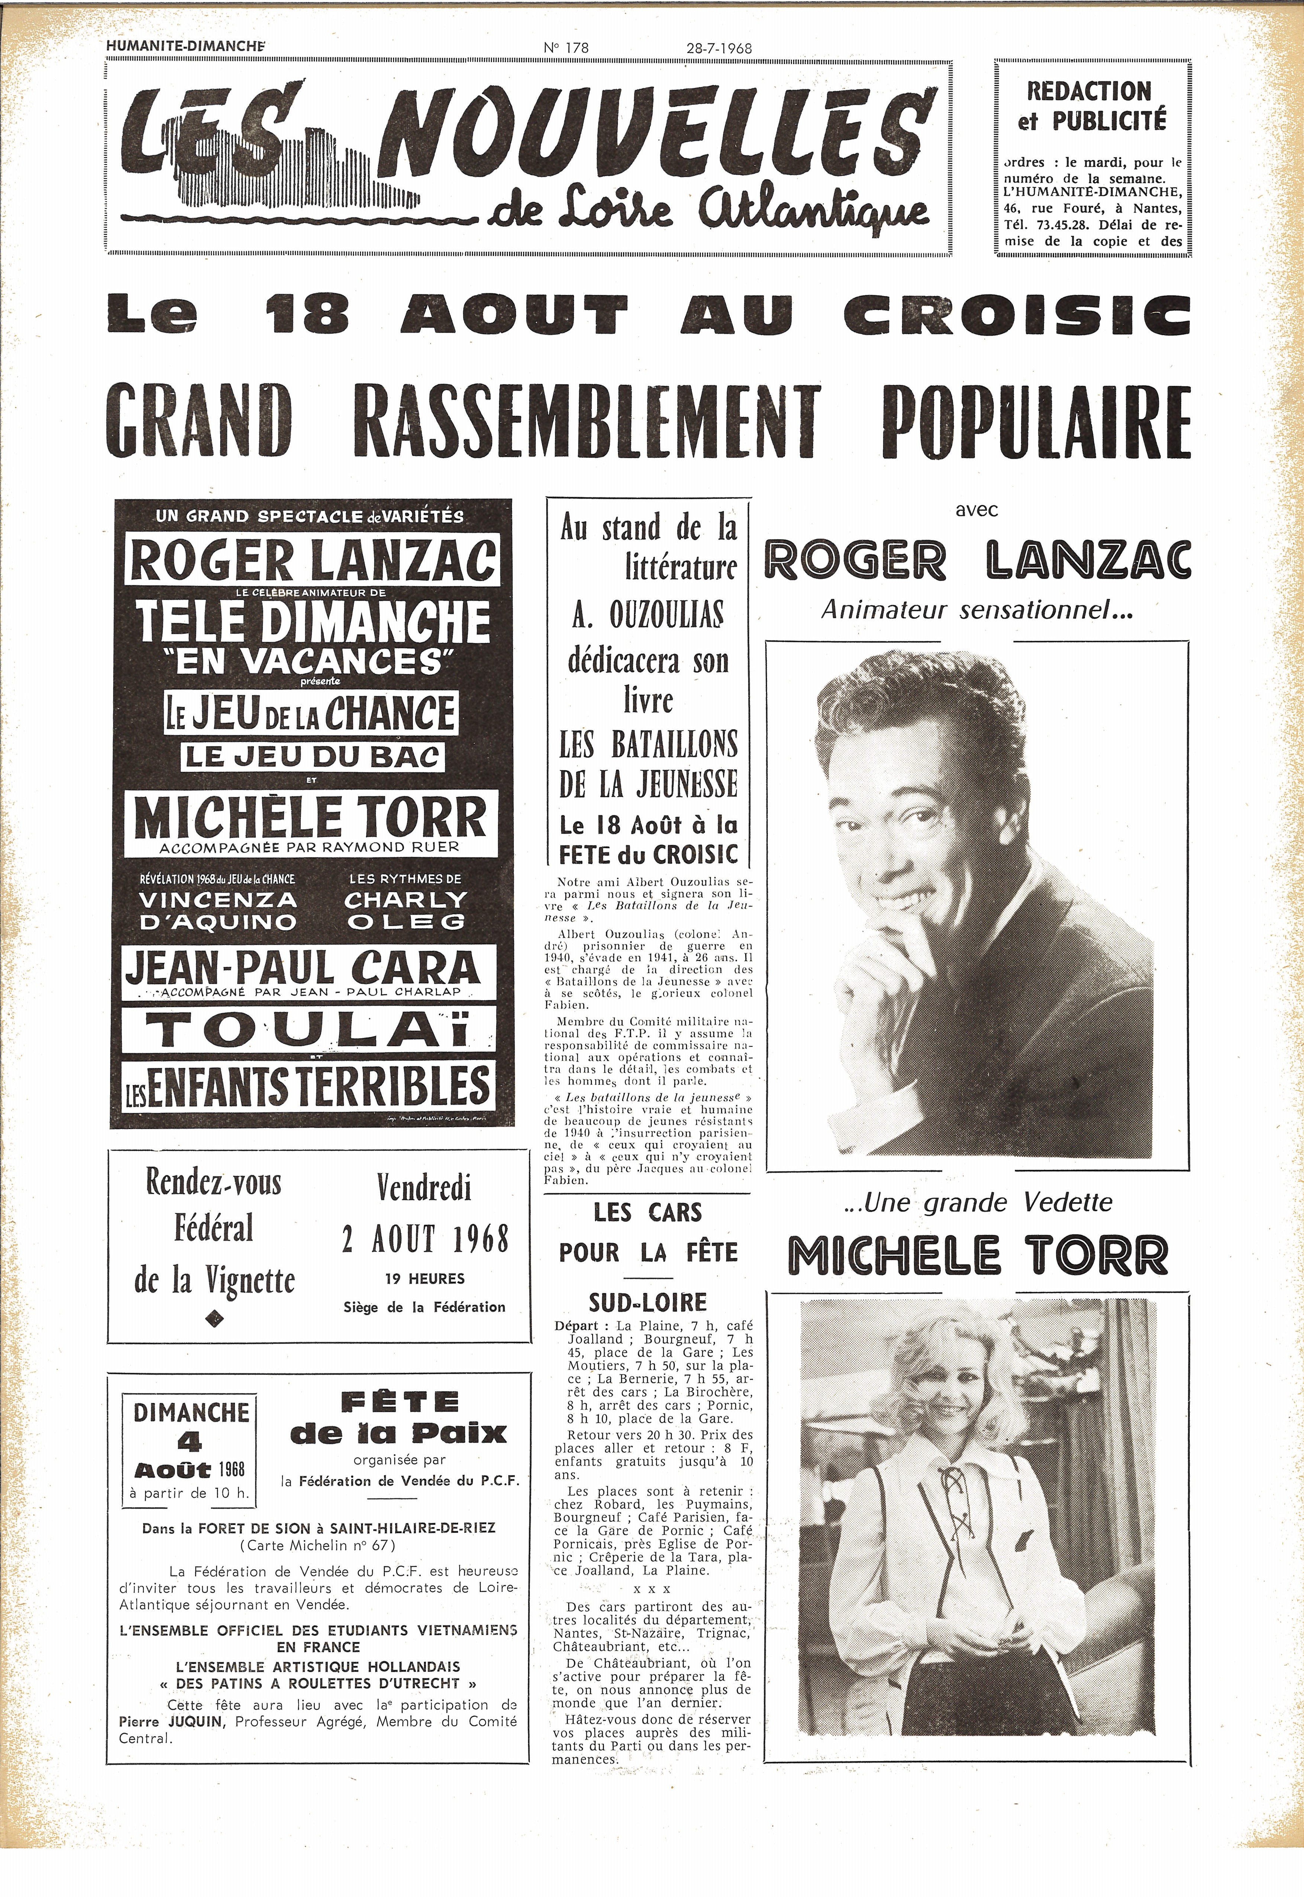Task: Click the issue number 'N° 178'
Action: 566,48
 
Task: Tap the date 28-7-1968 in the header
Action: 719,48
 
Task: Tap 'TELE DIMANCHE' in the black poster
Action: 314,622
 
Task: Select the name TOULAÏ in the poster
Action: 309,1031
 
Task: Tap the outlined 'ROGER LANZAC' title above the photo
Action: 977,562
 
